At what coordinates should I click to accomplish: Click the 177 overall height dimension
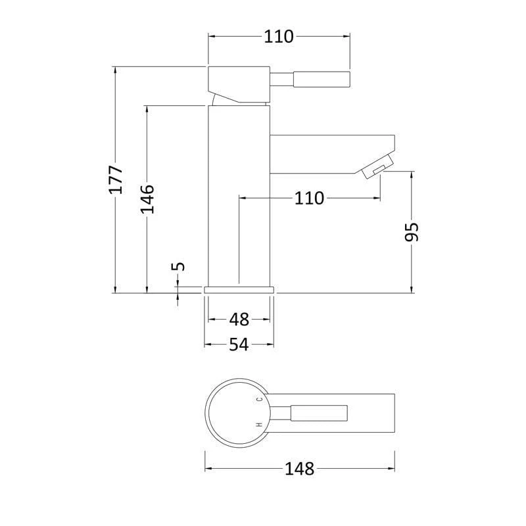pos(116,179)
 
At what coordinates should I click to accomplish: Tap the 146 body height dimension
pos(147,199)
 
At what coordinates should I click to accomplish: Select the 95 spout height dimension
pos(412,232)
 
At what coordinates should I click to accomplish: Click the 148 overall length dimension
pos(300,469)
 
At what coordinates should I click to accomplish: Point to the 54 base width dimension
pos(239,345)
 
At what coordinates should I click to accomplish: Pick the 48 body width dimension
pos(239,320)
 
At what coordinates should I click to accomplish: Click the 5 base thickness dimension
pos(178,266)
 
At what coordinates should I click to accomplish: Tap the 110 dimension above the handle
pos(279,37)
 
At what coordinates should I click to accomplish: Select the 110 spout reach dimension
pos(309,199)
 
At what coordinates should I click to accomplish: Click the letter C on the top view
pos(259,399)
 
